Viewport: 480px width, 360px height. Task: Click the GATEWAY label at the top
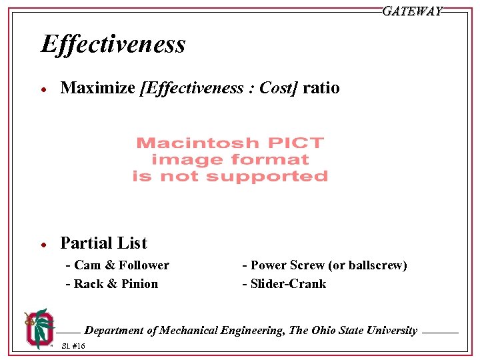pos(412,11)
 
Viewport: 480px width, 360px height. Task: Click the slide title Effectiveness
pos(113,45)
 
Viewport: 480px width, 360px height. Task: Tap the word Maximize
pos(98,88)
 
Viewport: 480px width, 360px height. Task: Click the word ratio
pos(321,88)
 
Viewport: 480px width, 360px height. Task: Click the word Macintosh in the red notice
pos(191,143)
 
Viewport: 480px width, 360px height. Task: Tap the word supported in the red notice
pos(277,177)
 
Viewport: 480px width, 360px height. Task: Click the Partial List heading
pos(103,243)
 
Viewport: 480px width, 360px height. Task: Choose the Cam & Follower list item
pos(118,265)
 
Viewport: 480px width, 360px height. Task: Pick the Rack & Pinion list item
pos(113,284)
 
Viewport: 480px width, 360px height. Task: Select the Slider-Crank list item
pos(285,284)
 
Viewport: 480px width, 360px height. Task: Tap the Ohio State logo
pos(38,327)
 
